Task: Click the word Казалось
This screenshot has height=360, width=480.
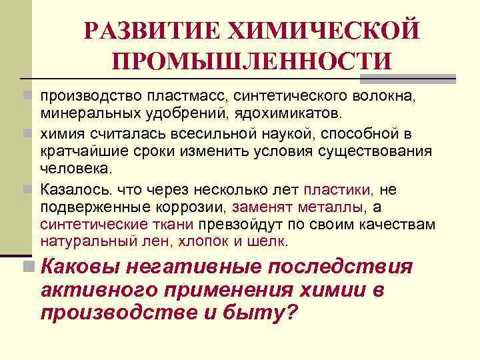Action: [x=74, y=190]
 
